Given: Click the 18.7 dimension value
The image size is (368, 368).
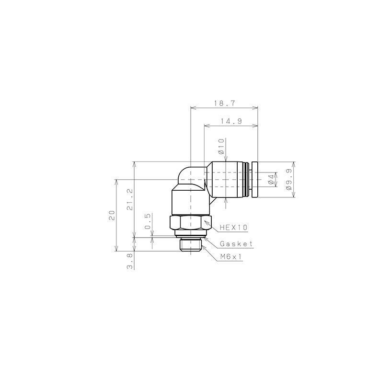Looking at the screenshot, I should point(224,103).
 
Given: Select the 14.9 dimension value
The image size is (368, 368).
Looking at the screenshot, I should point(231,122).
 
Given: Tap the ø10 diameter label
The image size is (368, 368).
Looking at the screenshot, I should point(221,146).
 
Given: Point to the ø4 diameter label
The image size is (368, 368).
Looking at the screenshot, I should point(271,180).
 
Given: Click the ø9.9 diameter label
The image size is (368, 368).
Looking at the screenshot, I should point(289,180).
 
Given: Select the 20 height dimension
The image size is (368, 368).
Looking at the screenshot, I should point(111,215).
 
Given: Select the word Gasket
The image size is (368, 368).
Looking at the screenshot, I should point(236,244).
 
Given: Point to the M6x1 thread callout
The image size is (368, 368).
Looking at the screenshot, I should point(231,257).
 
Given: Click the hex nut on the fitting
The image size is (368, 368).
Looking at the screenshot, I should point(190,223).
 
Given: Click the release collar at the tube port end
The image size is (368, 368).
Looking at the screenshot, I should point(254,180).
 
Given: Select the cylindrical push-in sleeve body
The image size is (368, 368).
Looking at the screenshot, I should point(228,180).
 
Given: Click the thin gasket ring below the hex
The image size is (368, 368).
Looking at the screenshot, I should point(190,234).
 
